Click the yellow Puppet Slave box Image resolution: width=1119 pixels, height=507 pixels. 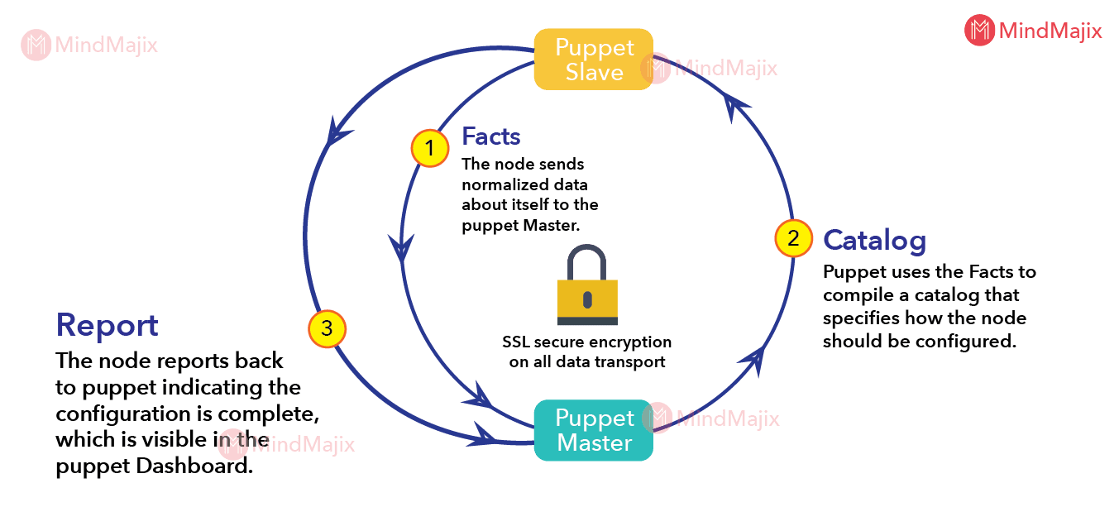tap(593, 59)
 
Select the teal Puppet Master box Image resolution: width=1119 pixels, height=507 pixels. tap(593, 430)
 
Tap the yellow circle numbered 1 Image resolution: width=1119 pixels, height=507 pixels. tap(429, 149)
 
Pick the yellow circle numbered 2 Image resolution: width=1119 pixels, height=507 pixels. tap(793, 238)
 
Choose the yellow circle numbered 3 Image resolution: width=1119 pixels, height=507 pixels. tap(327, 328)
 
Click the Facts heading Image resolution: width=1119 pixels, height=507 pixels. tap(491, 135)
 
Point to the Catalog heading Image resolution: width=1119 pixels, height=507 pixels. tap(874, 240)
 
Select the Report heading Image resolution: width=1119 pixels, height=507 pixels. tap(107, 325)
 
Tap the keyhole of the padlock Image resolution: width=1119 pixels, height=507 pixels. tap(587, 298)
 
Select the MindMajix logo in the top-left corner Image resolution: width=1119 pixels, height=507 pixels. tap(89, 45)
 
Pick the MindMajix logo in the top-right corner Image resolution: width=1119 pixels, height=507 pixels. tap(1033, 31)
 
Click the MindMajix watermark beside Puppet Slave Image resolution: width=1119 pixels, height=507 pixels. tap(712, 68)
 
